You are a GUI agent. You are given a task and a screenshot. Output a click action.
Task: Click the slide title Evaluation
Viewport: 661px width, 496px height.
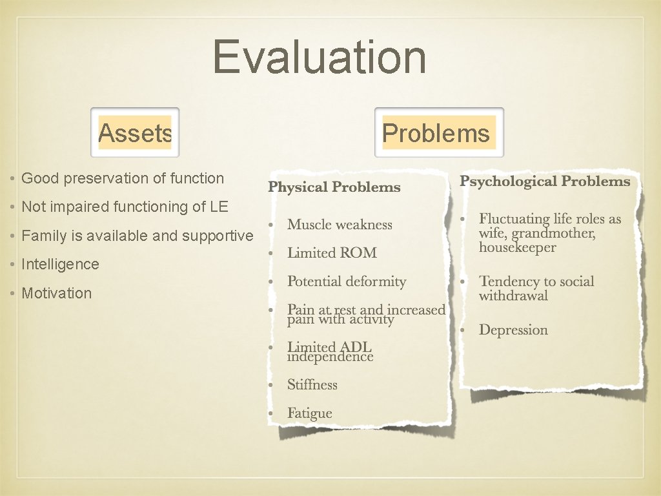(320, 57)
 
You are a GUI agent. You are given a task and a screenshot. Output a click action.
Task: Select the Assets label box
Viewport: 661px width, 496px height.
(135, 133)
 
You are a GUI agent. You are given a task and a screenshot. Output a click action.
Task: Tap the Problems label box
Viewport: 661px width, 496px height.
(438, 133)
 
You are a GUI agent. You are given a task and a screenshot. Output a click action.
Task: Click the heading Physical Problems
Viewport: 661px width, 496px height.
(334, 187)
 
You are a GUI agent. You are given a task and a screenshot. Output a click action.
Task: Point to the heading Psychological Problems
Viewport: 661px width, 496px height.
(544, 181)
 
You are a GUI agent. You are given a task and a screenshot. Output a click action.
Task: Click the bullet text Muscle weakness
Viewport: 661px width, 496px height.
(340, 225)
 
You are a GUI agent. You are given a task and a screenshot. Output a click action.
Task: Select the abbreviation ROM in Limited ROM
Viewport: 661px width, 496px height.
(360, 253)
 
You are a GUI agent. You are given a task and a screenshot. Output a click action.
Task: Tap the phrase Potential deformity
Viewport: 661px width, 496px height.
(347, 282)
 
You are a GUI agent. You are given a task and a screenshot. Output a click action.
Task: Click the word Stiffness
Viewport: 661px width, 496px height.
(312, 385)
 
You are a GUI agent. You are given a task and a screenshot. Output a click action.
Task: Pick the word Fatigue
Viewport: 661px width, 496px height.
(310, 413)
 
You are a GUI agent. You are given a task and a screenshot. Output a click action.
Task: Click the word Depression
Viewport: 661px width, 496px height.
(513, 330)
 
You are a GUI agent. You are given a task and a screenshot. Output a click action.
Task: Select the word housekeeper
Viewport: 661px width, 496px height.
(517, 248)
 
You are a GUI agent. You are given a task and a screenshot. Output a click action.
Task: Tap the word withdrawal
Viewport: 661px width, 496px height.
(513, 296)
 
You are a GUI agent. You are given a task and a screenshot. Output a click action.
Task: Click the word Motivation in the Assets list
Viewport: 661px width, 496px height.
(57, 293)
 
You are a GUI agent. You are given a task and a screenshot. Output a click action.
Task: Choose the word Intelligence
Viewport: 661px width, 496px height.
(61, 264)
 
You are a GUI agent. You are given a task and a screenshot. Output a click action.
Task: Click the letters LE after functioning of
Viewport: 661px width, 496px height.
(219, 207)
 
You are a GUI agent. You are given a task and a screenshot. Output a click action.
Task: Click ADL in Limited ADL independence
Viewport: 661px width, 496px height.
(356, 347)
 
